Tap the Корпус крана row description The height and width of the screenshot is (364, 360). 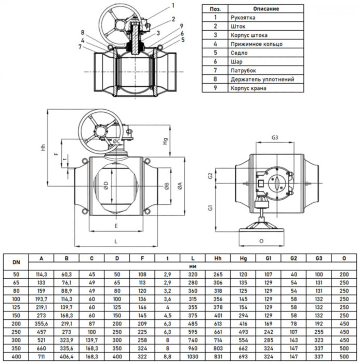(249, 88)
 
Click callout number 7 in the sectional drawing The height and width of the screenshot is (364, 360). (81, 47)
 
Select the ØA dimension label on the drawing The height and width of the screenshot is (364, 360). (180, 186)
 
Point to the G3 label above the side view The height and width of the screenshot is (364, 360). (275, 138)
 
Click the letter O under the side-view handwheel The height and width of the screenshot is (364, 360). (261, 241)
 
